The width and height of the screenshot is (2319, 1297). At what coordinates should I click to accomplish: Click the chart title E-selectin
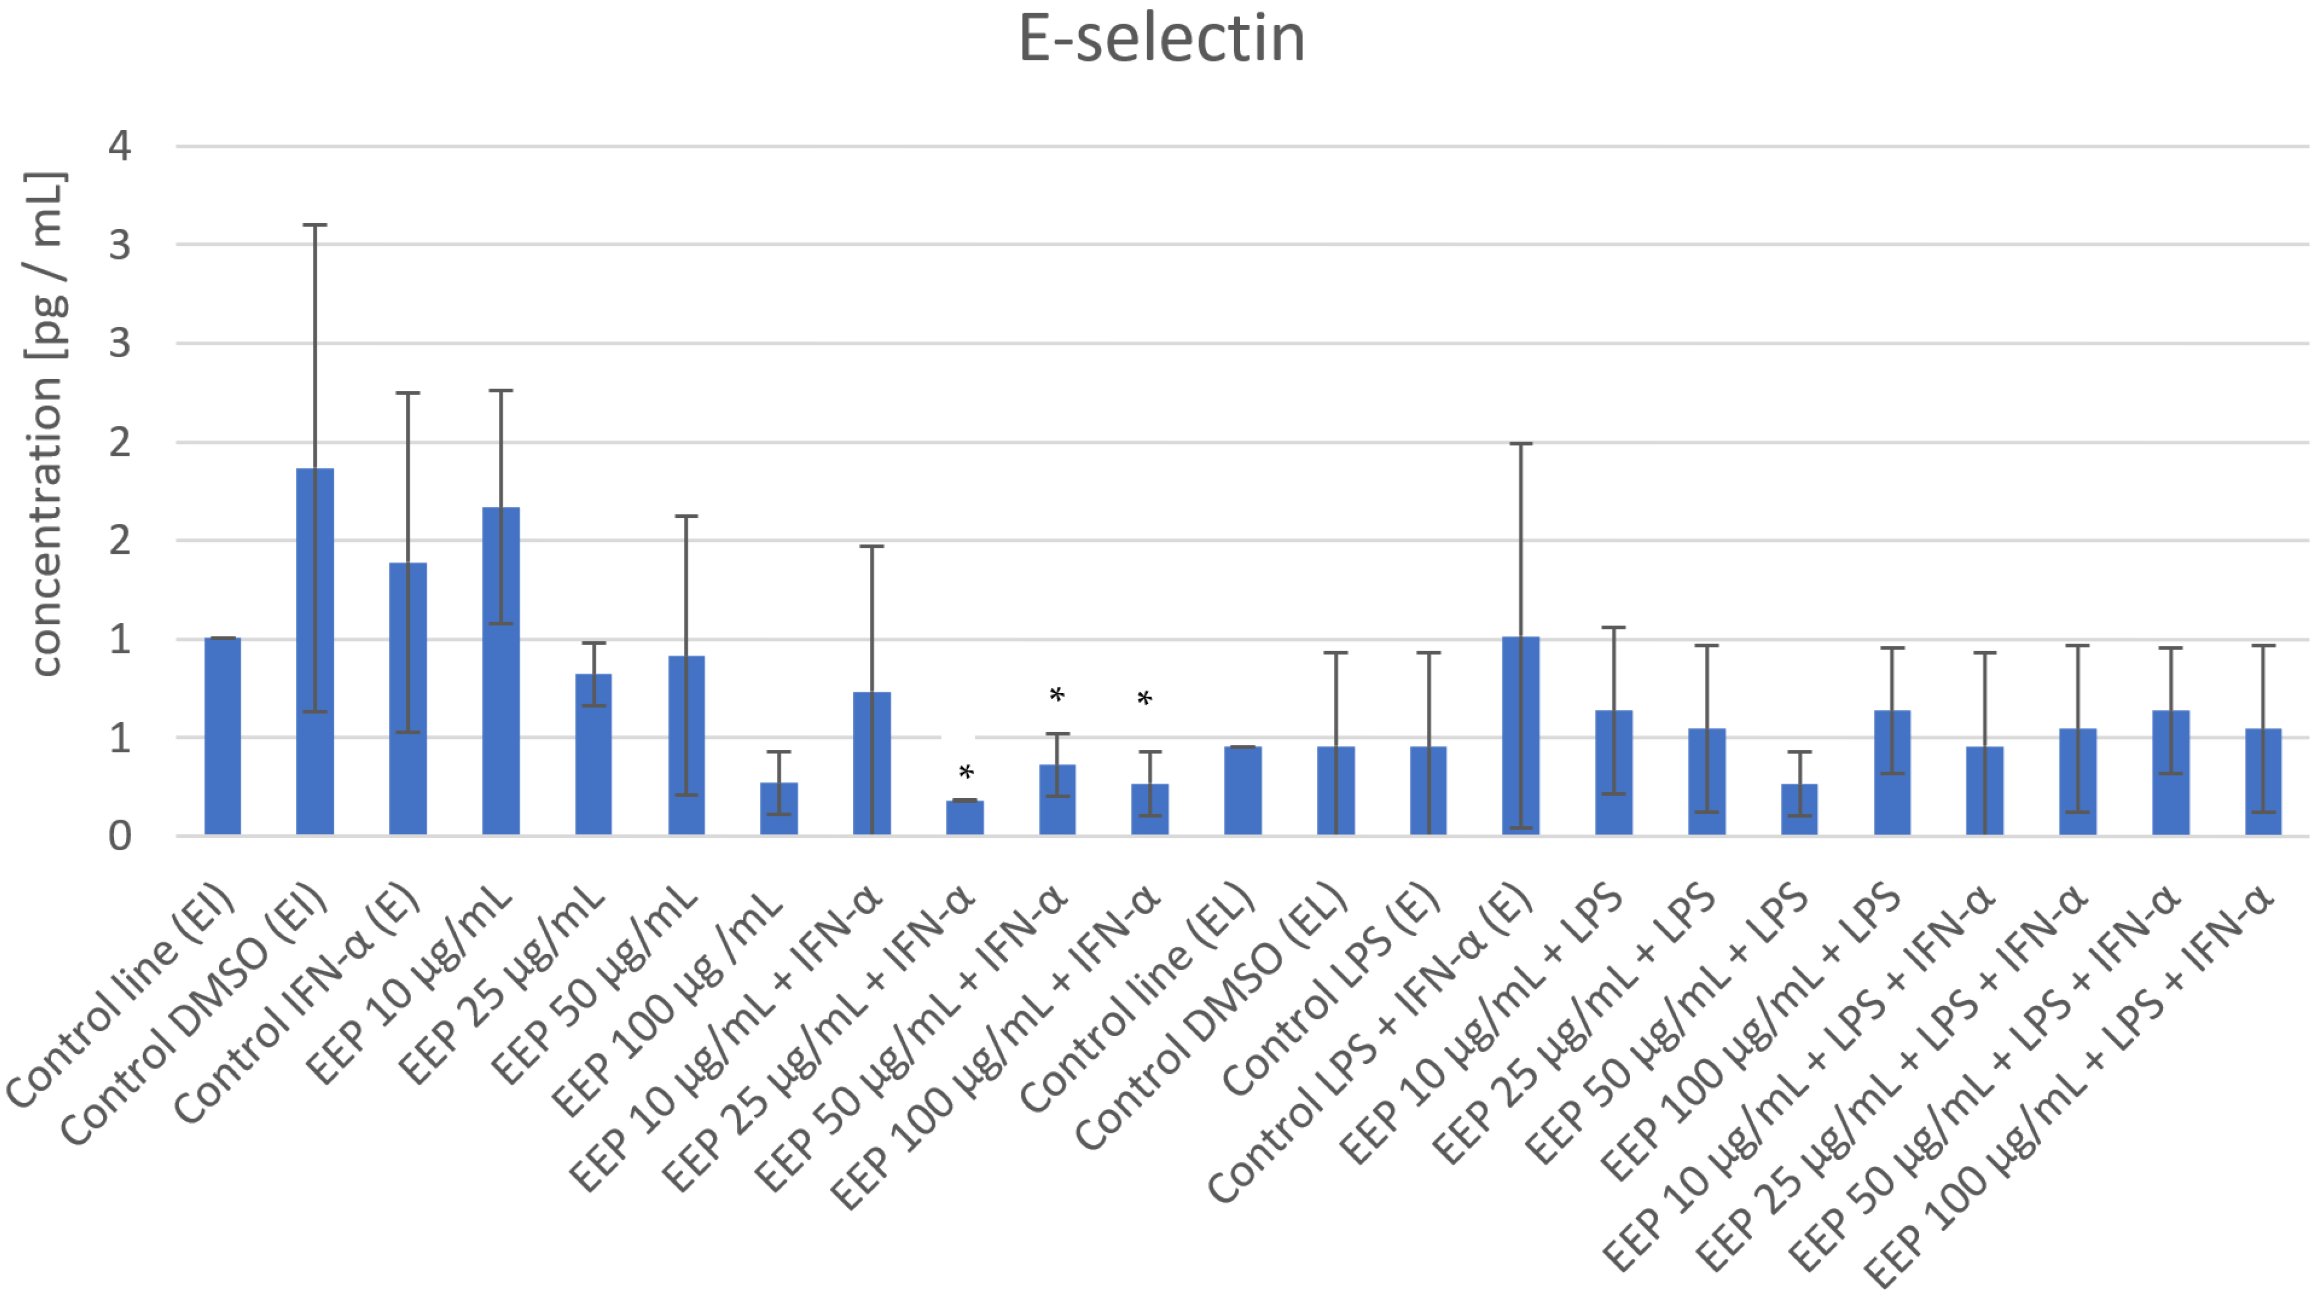click(1161, 40)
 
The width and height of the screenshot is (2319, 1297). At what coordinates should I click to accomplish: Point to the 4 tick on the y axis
click(120, 146)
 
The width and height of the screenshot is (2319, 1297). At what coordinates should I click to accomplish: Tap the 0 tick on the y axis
click(120, 836)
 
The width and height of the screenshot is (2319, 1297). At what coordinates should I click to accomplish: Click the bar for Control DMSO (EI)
click(315, 652)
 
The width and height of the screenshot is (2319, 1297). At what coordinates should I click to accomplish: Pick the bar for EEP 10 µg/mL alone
click(500, 670)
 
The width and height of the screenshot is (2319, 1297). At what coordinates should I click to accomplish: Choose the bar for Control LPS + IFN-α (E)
click(1520, 736)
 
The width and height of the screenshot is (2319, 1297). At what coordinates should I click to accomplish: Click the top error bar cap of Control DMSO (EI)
click(315, 225)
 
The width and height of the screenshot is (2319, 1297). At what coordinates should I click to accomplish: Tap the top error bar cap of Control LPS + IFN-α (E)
click(1520, 444)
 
